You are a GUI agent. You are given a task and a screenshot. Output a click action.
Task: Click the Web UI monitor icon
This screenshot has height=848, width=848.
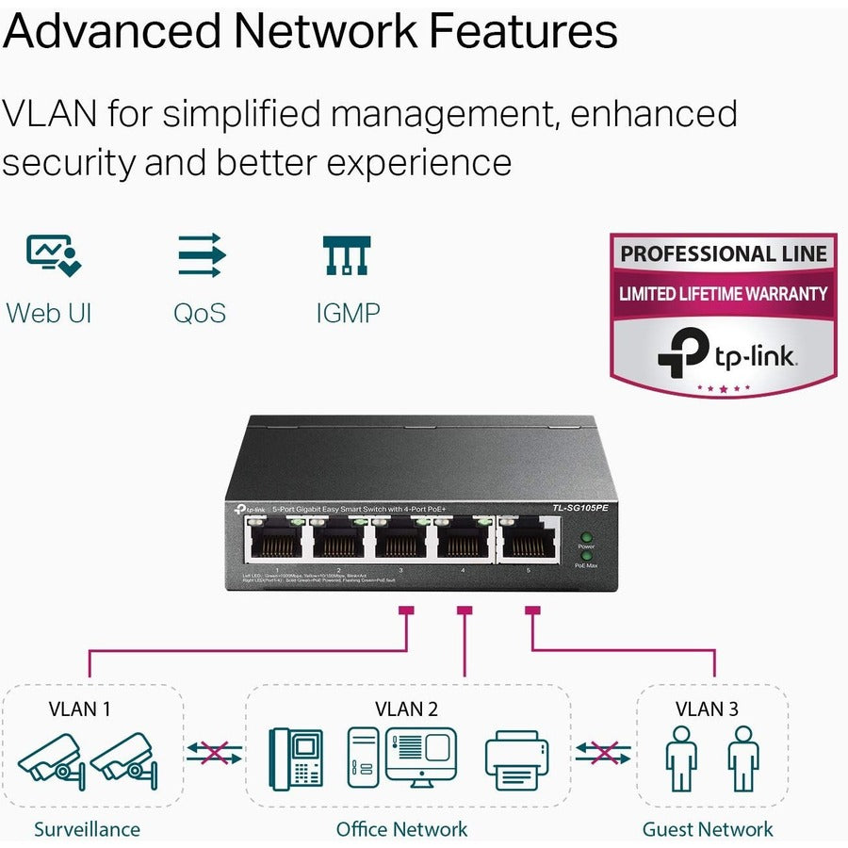[53, 254]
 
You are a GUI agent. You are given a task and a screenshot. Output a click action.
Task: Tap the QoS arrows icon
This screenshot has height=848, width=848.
[201, 254]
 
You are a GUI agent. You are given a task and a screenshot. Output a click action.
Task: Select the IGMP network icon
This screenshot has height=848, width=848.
[347, 254]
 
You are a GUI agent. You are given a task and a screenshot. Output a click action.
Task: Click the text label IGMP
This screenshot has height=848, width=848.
[347, 312]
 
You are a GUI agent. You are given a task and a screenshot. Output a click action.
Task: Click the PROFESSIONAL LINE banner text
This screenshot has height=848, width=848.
[723, 253]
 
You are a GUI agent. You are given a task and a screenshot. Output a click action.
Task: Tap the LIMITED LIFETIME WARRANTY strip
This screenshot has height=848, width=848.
[723, 294]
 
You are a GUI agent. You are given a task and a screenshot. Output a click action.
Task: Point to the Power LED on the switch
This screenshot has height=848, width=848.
[586, 536]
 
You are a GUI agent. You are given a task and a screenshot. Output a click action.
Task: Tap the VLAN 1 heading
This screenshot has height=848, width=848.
[80, 709]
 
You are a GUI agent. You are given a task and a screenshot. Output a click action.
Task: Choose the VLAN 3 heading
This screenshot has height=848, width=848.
[707, 709]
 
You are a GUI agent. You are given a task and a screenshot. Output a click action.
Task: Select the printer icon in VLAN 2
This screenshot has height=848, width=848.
[516, 758]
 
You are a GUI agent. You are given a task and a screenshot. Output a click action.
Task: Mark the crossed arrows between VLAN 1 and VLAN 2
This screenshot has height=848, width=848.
[214, 752]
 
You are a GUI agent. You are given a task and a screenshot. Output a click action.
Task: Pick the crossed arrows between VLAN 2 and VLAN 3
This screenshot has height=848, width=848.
[603, 752]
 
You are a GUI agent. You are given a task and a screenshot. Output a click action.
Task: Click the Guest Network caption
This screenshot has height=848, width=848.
[707, 829]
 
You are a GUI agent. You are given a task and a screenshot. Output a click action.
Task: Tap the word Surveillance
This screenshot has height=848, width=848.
[87, 829]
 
